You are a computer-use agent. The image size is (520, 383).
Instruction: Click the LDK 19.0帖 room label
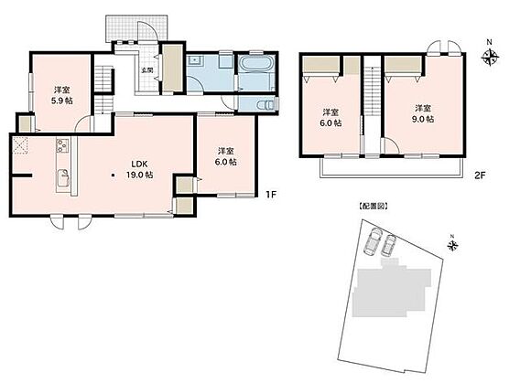coord(139,169)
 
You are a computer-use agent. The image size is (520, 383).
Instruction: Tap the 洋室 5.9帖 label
coord(61,95)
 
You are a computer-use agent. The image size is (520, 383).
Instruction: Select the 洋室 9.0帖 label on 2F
coord(423,113)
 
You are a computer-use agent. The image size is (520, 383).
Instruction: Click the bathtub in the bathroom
coord(257,63)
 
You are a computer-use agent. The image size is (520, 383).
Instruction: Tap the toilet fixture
coord(266,105)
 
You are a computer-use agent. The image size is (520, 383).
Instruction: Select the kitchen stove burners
coord(62,145)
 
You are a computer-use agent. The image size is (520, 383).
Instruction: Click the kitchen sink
coord(63,177)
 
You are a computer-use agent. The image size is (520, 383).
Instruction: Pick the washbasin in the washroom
coord(194,61)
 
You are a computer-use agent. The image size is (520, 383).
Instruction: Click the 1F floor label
coord(271,195)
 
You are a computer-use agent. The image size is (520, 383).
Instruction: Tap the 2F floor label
coord(480,176)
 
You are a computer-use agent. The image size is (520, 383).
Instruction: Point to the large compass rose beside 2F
coord(490,57)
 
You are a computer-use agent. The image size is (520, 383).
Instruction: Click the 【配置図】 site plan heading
coord(374,207)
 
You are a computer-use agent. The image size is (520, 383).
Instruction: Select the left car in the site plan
coord(373,242)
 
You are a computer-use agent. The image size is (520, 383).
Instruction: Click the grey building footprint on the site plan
coord(392,291)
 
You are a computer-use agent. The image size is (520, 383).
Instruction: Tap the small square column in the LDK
coord(114,175)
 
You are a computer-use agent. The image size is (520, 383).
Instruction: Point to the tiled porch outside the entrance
coord(136,28)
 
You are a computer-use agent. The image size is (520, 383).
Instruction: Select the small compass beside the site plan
coord(452,245)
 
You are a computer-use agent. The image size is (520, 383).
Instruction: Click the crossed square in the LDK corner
coord(21,145)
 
